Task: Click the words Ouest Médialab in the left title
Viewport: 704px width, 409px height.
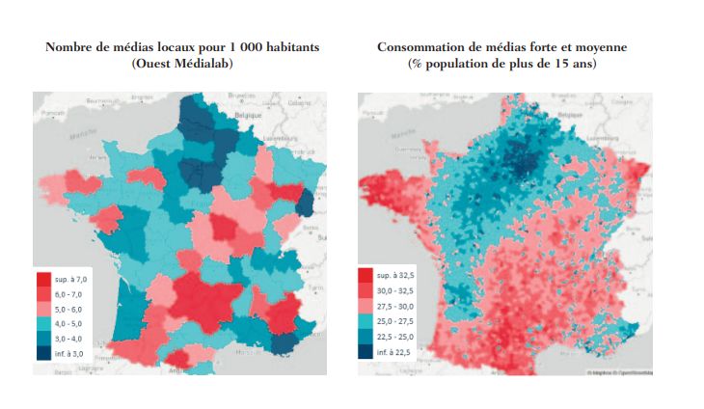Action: tap(183, 64)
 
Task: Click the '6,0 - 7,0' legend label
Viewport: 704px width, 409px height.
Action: tap(69, 291)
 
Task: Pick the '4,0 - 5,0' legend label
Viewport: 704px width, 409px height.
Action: tap(69, 322)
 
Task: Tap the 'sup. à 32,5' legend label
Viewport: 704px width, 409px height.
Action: tap(399, 276)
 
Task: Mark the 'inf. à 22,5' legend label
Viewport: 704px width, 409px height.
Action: tap(398, 353)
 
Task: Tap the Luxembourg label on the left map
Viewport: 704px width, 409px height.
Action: tap(283, 138)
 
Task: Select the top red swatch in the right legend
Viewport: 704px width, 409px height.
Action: tap(367, 276)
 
